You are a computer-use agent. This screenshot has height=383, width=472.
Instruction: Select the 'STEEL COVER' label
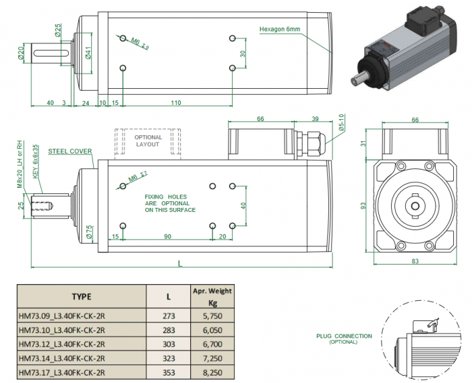coord(69,151)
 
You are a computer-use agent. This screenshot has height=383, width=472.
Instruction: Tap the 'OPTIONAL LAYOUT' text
coord(148,141)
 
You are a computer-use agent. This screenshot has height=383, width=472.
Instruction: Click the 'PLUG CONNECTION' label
coord(343,336)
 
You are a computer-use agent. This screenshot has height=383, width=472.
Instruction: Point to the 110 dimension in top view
coord(175,102)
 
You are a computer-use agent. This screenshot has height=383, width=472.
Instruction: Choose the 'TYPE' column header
coord(81,296)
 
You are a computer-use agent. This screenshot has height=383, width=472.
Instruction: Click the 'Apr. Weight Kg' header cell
coord(212,296)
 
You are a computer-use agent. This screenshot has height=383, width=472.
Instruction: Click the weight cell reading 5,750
coord(212,313)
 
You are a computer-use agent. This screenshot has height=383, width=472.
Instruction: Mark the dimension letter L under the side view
coord(179,264)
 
